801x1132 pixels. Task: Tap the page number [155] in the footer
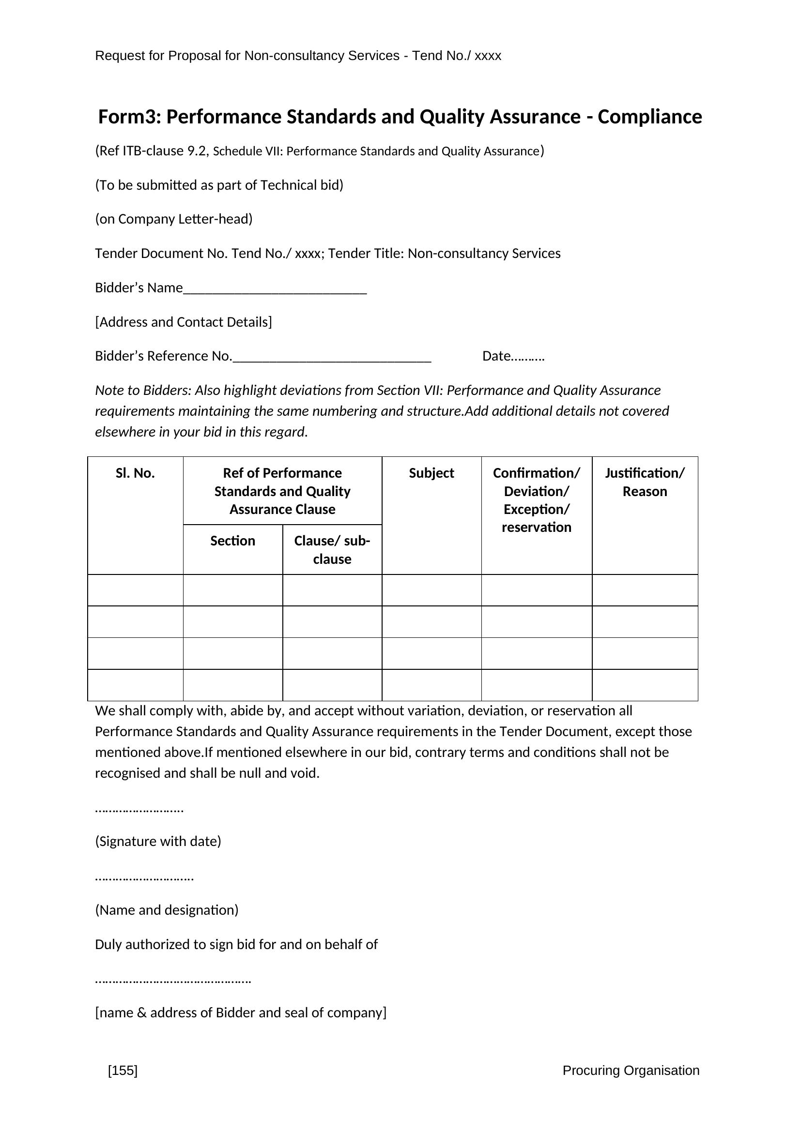click(x=123, y=1071)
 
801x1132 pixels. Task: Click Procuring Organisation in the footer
click(x=631, y=1071)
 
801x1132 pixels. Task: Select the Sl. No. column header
click(x=135, y=473)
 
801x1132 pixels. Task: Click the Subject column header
click(x=431, y=473)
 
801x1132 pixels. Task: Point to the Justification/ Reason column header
click(x=645, y=482)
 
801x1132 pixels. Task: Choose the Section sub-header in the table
click(x=233, y=541)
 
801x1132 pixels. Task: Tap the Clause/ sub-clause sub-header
click(x=332, y=550)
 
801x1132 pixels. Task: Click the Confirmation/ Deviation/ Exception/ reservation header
click(x=536, y=500)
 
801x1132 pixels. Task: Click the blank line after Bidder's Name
click(x=275, y=289)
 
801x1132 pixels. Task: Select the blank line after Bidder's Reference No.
click(x=332, y=358)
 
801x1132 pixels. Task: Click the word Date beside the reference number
click(x=496, y=356)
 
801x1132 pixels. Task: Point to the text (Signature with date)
click(x=158, y=841)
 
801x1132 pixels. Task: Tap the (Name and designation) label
click(x=167, y=910)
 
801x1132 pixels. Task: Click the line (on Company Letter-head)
click(x=174, y=219)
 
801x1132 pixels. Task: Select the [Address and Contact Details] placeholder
click(x=184, y=322)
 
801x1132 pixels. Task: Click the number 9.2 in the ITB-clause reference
click(x=197, y=151)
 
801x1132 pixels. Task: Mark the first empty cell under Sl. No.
click(x=135, y=590)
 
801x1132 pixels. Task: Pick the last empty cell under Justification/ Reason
click(x=645, y=685)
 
